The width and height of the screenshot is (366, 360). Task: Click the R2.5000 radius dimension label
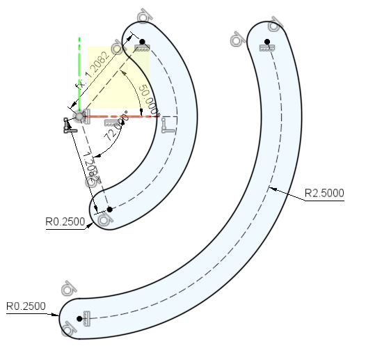(x=324, y=193)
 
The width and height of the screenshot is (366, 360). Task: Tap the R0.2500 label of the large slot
(x=26, y=306)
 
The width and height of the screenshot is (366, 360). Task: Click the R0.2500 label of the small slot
(x=65, y=222)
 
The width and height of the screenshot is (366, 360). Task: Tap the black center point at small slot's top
(x=142, y=42)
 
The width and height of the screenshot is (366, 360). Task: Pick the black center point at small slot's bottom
(x=109, y=209)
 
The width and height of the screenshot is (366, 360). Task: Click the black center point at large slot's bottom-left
(x=80, y=319)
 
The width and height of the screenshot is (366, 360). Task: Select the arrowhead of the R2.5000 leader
(x=273, y=187)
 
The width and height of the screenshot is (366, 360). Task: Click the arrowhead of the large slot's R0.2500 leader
(x=60, y=315)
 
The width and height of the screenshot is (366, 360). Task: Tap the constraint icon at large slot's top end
(x=266, y=47)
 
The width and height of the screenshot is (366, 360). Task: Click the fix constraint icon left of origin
(x=67, y=125)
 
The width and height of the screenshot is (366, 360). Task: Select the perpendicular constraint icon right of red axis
(x=167, y=125)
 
